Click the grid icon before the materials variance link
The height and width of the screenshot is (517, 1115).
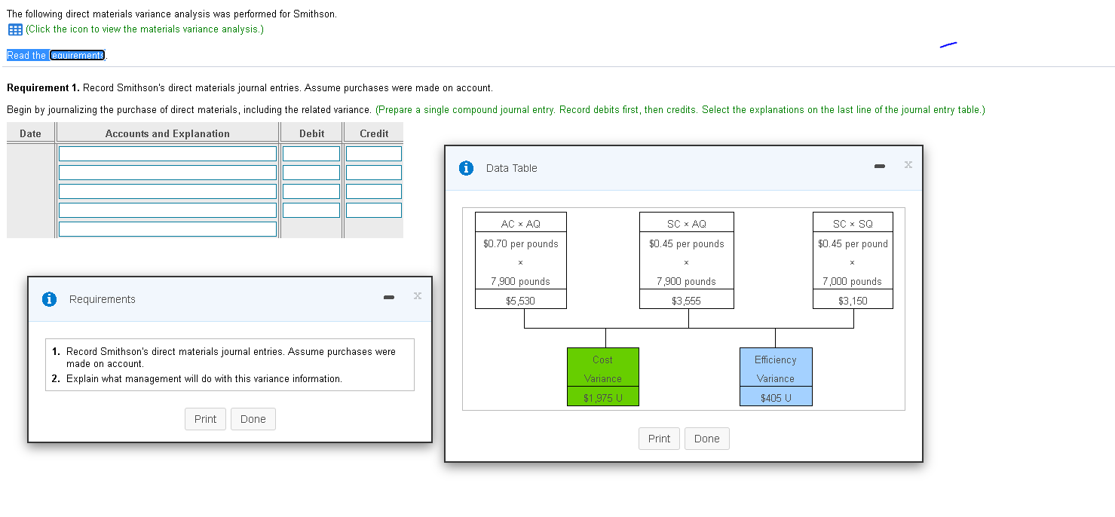coord(14,29)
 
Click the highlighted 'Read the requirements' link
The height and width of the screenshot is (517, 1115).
coord(57,55)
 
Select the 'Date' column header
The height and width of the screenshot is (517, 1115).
coord(30,133)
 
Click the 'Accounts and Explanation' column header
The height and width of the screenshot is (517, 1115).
coord(167,133)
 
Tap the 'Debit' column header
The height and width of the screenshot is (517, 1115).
coord(311,133)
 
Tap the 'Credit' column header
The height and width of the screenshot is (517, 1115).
coord(374,133)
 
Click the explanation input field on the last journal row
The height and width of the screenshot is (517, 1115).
coord(167,228)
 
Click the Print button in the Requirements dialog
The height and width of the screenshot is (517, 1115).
coord(205,419)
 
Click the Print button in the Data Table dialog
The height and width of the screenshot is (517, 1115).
coord(659,439)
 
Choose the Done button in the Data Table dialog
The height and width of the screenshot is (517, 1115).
coord(706,439)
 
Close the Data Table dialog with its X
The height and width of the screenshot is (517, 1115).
coord(908,164)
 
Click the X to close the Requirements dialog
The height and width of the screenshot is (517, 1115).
coord(417,295)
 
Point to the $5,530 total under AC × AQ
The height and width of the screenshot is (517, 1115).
coord(520,301)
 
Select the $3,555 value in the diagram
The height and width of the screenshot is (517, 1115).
coord(686,301)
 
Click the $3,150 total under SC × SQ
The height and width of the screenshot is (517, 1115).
coord(853,301)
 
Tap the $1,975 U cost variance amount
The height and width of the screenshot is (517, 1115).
coord(602,398)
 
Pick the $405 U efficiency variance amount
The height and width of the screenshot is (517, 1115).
coord(776,398)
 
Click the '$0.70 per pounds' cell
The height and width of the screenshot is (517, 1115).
coord(520,243)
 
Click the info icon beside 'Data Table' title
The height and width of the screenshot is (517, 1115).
coord(467,168)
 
